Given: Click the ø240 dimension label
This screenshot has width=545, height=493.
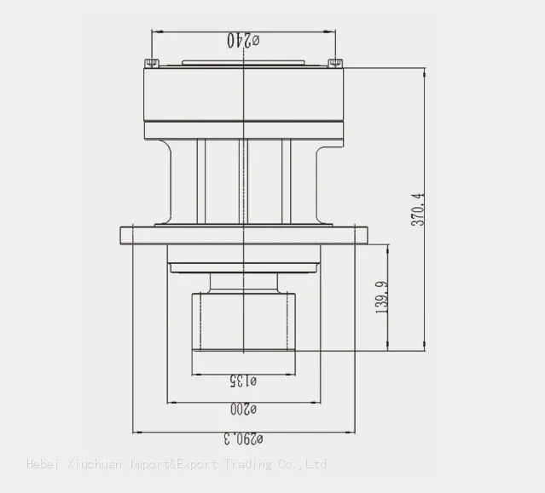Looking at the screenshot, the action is (x=243, y=40).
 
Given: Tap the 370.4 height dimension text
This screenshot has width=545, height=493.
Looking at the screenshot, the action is (x=418, y=209).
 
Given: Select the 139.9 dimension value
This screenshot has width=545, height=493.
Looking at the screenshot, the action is (x=381, y=297).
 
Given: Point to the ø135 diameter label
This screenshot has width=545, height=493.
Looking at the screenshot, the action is (x=243, y=381).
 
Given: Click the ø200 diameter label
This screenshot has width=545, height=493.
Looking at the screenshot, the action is (x=243, y=409).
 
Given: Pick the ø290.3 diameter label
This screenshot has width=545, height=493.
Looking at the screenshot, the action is (x=243, y=439).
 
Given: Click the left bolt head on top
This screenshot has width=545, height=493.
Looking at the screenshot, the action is (x=152, y=63).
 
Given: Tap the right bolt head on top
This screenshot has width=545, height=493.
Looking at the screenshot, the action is (x=335, y=63).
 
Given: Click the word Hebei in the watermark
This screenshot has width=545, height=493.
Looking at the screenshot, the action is (x=43, y=463).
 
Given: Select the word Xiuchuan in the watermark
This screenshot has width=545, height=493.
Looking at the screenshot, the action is (x=94, y=464).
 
